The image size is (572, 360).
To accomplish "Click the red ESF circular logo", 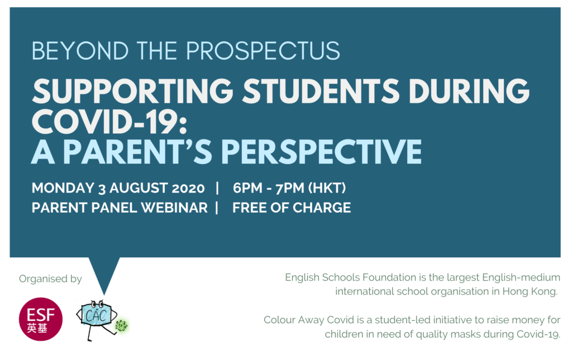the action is [x=40, y=319].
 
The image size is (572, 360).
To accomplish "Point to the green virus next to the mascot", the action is [x=121, y=325].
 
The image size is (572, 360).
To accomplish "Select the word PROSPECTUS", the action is [x=263, y=51].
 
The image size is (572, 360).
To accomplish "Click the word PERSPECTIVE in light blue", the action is [x=321, y=152].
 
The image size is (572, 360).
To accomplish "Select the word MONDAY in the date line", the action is [x=63, y=188].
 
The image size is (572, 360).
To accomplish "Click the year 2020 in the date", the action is [x=188, y=189].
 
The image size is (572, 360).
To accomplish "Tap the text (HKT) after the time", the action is [x=327, y=188].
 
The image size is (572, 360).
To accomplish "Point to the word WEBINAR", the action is [x=174, y=208].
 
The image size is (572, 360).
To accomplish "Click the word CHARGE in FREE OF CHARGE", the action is [x=322, y=208].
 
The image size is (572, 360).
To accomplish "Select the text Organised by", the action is [x=50, y=279].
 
